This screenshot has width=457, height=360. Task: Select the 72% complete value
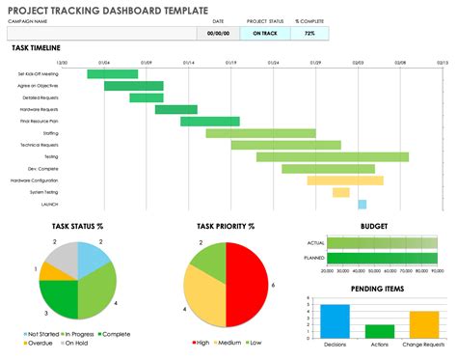(309, 33)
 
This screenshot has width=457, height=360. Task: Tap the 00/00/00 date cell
(218, 33)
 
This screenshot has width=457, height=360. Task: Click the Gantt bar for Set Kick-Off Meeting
(113, 73)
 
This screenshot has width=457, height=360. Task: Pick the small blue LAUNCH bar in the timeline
(362, 205)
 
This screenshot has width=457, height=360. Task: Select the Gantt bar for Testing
(332, 156)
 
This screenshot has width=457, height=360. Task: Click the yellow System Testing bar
(340, 192)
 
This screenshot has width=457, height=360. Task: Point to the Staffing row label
(50, 133)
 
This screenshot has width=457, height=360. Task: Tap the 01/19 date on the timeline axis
(230, 62)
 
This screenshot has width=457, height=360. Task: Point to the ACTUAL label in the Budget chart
(316, 243)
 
